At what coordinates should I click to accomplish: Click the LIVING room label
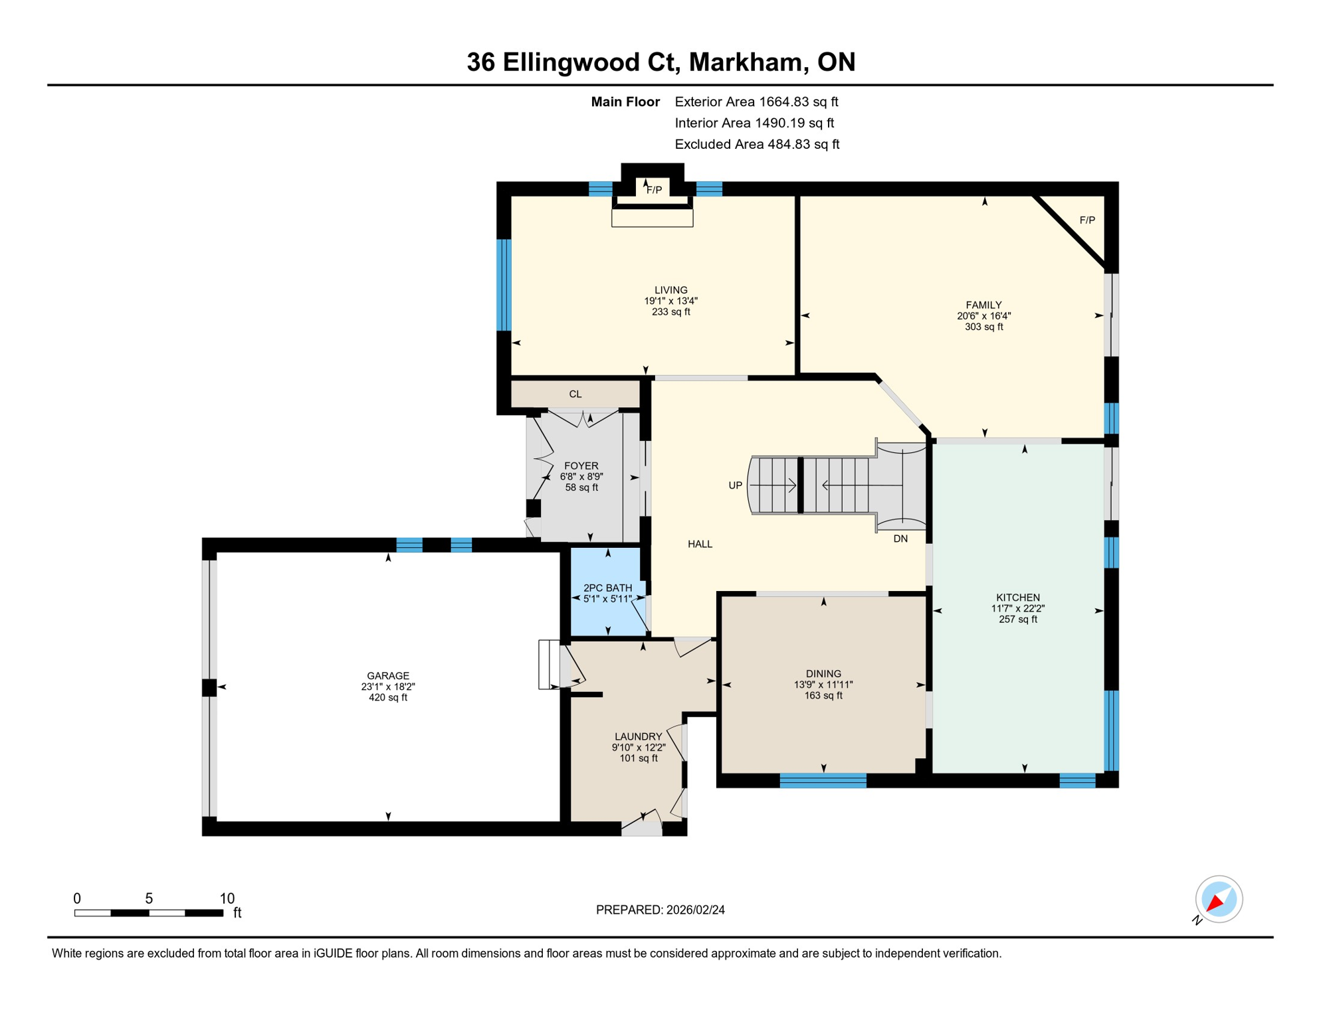pyautogui.click(x=670, y=290)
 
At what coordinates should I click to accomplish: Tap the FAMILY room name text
pyautogui.click(x=983, y=305)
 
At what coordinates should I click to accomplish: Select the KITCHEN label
pyautogui.click(x=1017, y=598)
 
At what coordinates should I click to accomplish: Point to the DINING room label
pyautogui.click(x=823, y=674)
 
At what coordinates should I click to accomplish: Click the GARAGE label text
pyautogui.click(x=388, y=676)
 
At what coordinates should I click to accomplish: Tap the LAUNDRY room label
pyautogui.click(x=638, y=736)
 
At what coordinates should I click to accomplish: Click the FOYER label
pyautogui.click(x=581, y=466)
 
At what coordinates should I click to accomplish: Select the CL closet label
pyautogui.click(x=575, y=394)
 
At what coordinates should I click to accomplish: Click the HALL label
pyautogui.click(x=700, y=545)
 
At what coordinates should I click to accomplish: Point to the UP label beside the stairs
pyautogui.click(x=735, y=485)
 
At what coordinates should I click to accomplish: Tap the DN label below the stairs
pyautogui.click(x=900, y=539)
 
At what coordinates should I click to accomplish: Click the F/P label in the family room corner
pyautogui.click(x=1087, y=220)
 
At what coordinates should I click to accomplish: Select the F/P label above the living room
pyautogui.click(x=654, y=190)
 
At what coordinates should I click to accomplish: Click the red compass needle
pyautogui.click(x=1215, y=902)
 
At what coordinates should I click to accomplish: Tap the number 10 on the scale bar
pyautogui.click(x=227, y=898)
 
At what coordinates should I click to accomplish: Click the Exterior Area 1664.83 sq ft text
pyautogui.click(x=756, y=102)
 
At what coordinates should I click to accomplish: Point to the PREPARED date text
pyautogui.click(x=660, y=910)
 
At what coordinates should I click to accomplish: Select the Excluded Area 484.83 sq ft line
pyautogui.click(x=757, y=144)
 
